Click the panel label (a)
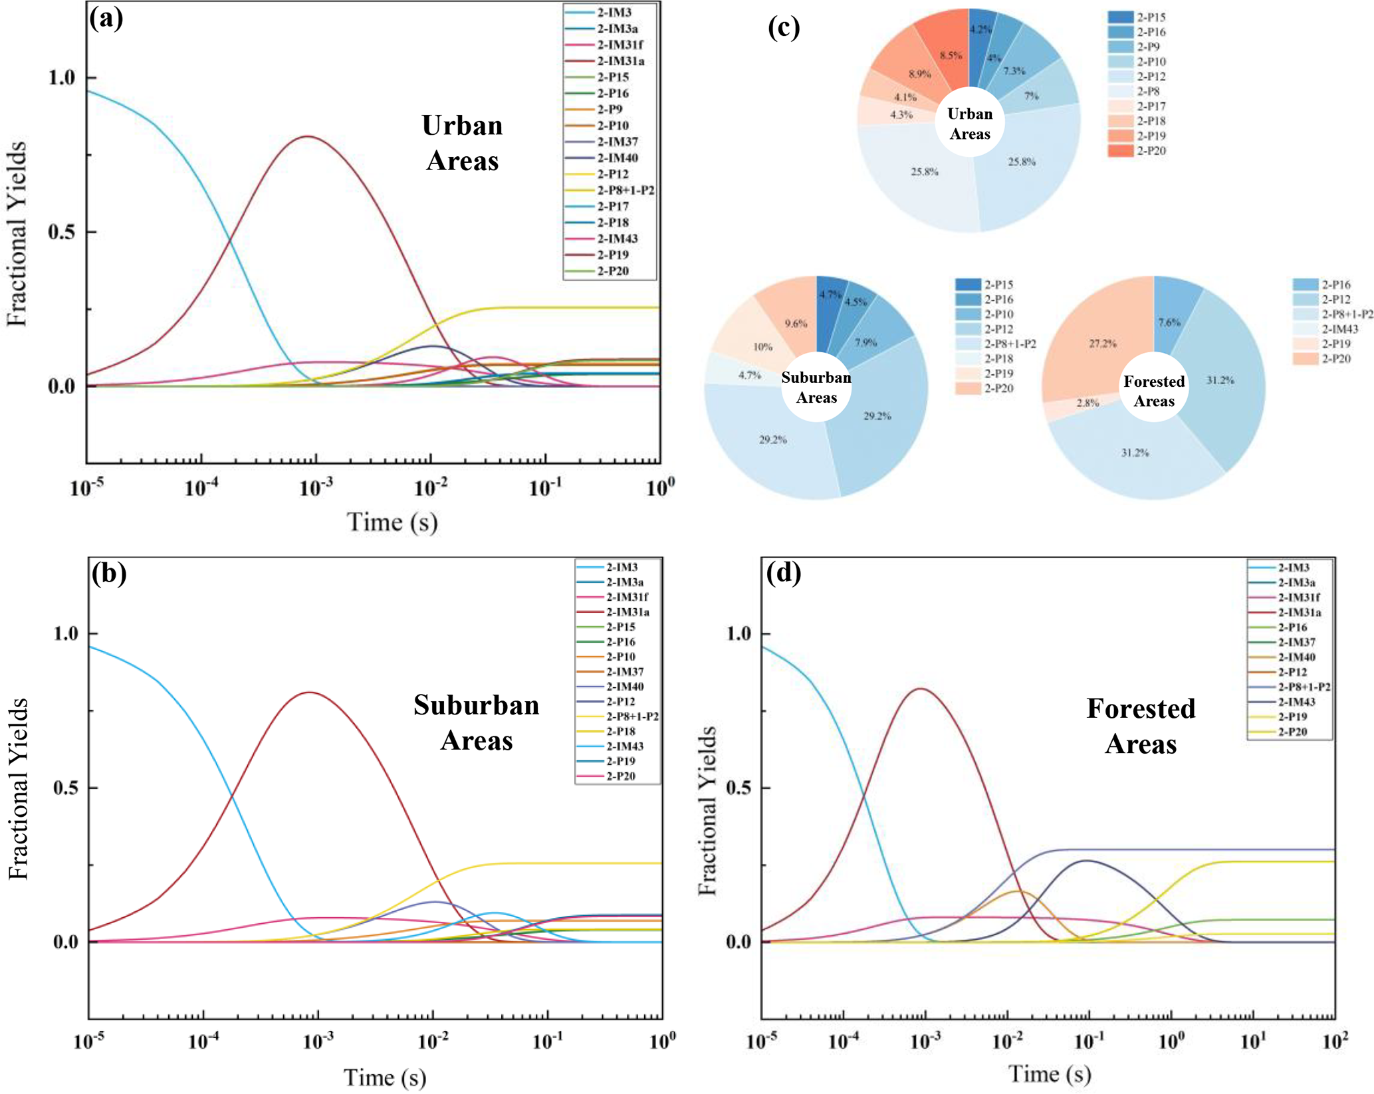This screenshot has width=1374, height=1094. tap(106, 19)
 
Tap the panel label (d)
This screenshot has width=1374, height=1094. tap(784, 572)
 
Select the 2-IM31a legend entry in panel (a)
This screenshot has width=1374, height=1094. tap(620, 61)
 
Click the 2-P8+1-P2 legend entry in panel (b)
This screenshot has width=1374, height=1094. tap(631, 716)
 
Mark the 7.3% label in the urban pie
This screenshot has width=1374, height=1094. tap(1014, 71)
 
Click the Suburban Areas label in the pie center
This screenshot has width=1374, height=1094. tap(816, 387)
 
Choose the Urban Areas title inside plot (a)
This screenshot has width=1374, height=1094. tap(462, 143)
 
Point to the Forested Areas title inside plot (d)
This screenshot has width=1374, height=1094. tap(1141, 726)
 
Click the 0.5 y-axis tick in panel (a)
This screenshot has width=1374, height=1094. tap(63, 232)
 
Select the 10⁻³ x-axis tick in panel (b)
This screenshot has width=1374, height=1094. tap(317, 1041)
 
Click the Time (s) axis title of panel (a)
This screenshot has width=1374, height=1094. tap(392, 522)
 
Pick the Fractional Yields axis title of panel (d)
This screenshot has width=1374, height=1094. tap(708, 811)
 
